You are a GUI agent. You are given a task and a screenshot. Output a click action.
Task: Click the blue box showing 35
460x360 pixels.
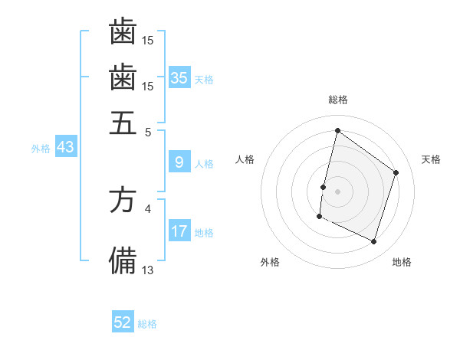coord(179,77)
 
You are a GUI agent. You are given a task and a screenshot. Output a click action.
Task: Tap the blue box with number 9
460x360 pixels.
coord(179,162)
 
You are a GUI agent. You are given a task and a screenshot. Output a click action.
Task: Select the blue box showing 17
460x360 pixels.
coord(179,231)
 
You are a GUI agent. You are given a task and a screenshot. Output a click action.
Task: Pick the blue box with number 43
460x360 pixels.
coord(65,147)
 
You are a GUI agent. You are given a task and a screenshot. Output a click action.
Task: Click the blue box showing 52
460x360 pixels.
coord(123,322)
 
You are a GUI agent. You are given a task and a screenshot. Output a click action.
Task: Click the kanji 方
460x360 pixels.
coord(123,200)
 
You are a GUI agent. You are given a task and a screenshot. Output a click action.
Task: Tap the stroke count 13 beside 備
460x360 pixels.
coord(148,269)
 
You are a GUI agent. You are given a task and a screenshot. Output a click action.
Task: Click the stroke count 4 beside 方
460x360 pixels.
coord(148,208)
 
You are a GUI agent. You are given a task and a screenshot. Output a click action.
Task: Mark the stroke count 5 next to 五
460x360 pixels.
coord(148,131)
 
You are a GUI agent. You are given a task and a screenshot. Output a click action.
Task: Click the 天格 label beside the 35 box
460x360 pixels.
coord(204,79)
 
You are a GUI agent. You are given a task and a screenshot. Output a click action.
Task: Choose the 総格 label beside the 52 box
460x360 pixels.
coord(147,324)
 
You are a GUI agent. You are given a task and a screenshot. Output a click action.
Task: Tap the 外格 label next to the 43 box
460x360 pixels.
coord(41,149)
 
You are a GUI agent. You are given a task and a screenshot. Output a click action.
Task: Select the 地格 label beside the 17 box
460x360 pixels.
coord(204,232)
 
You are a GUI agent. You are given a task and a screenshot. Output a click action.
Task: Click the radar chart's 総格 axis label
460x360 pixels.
coord(337,100)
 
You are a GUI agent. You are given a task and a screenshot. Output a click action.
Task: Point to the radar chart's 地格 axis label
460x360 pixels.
coord(402,262)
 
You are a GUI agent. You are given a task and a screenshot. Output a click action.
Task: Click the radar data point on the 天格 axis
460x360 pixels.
coord(396,172)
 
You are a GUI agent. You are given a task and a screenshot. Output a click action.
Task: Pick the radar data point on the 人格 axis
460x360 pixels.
coord(323,187)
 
